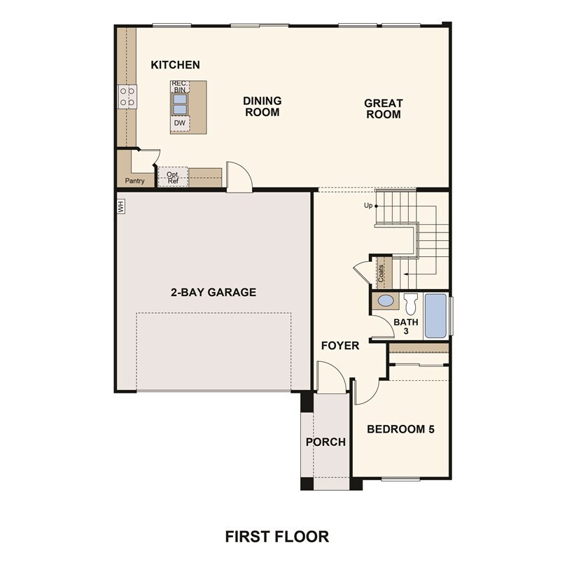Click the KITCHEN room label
(x=175, y=65)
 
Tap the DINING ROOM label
(x=262, y=106)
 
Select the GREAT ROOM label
(x=383, y=108)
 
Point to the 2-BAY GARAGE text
(x=213, y=292)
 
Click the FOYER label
(x=340, y=346)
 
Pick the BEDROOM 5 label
(x=401, y=429)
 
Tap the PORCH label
(x=325, y=442)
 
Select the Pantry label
(x=134, y=181)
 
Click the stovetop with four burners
(x=127, y=96)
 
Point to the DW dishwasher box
(x=180, y=123)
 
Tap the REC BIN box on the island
(x=180, y=87)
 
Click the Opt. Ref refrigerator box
(x=172, y=177)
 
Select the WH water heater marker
(x=120, y=206)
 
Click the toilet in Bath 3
(x=410, y=303)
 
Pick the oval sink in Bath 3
(x=385, y=302)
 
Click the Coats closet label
(x=381, y=273)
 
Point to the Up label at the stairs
(x=367, y=206)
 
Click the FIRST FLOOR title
(x=276, y=536)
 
